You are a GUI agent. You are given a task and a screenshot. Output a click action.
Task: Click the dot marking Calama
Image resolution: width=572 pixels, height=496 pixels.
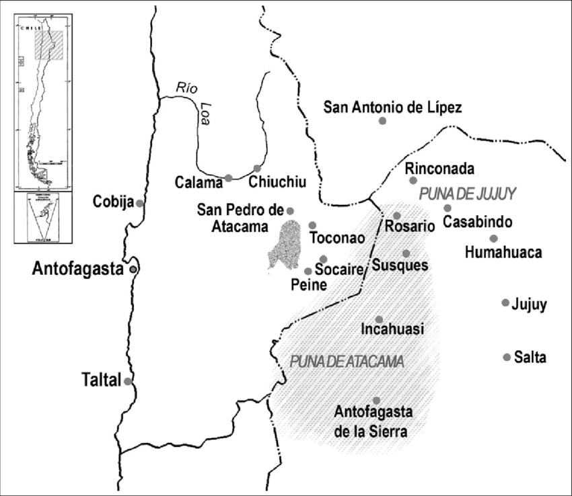tap(229, 178)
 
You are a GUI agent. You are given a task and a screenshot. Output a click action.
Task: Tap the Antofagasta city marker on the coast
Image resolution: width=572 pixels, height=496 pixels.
tap(134, 269)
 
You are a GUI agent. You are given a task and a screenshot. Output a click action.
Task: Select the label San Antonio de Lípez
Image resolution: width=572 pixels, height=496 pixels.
tap(392, 106)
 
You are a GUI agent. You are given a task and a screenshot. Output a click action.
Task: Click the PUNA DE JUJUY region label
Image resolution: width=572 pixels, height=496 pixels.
tap(467, 194)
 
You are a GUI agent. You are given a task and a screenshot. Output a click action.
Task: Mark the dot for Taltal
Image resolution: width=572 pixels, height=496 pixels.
tap(127, 381)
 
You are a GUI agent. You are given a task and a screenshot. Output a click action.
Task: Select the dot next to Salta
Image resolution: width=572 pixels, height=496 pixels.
tap(507, 357)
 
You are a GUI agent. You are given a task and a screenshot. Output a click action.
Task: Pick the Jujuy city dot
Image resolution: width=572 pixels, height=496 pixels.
tap(505, 302)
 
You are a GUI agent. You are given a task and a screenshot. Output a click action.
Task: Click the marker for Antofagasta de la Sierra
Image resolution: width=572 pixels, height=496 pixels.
tap(376, 400)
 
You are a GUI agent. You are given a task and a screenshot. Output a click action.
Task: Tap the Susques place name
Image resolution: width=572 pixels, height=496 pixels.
tap(400, 265)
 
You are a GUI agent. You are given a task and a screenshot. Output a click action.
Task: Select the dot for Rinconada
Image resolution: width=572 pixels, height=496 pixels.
tap(413, 180)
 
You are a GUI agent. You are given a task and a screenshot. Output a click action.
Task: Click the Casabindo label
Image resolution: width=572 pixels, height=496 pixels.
tap(478, 222)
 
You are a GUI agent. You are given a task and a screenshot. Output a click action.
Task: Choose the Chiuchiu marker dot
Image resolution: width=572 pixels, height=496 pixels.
tap(257, 168)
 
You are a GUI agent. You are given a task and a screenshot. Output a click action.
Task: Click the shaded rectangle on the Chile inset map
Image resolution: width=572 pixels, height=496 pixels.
tap(49, 46)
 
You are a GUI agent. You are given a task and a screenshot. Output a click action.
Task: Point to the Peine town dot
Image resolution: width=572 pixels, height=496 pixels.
tap(308, 272)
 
